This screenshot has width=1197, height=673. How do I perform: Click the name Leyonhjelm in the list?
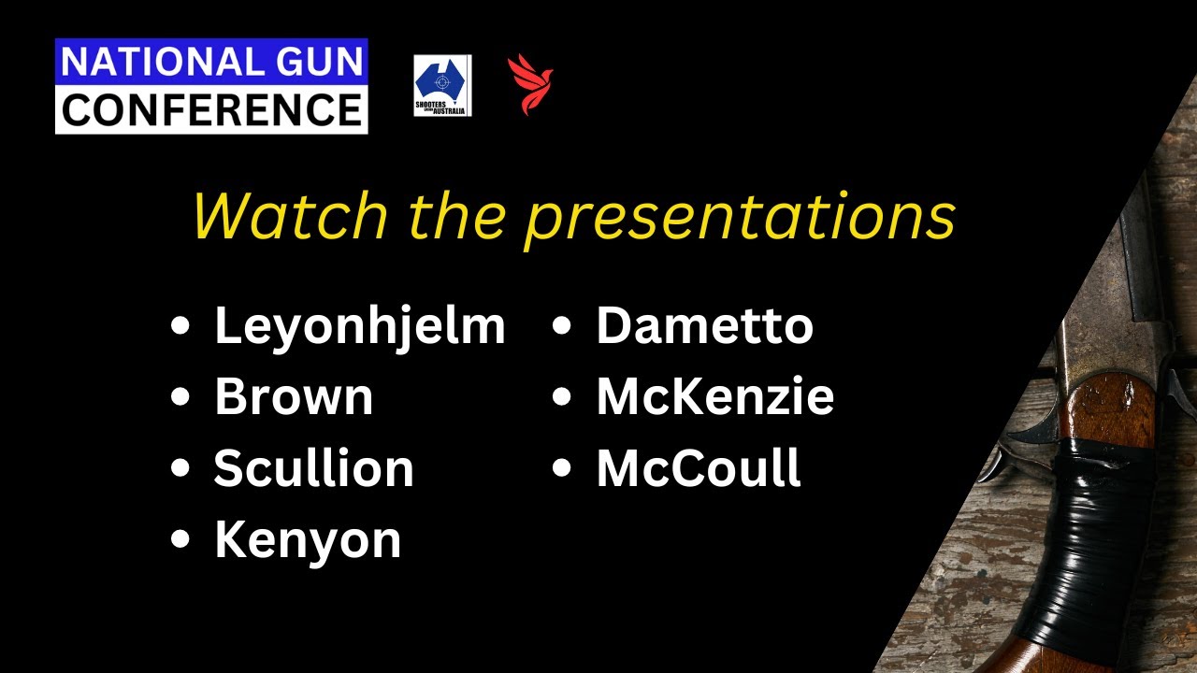click(x=360, y=326)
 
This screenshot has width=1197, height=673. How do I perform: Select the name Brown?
click(x=294, y=397)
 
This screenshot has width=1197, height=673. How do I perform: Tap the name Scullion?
click(x=313, y=468)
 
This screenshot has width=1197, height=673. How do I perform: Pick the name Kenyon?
click(x=308, y=539)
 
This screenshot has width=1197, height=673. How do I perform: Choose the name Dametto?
click(x=704, y=326)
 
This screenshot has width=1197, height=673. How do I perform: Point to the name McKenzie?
click(x=714, y=397)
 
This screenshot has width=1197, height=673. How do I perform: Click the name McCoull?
click(x=699, y=468)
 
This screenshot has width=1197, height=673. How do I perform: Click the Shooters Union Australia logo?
click(x=442, y=86)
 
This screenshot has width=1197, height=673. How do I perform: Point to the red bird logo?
click(x=529, y=84)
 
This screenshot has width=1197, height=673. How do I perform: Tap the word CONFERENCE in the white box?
click(x=211, y=109)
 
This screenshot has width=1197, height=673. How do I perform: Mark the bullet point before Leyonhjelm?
click(x=180, y=327)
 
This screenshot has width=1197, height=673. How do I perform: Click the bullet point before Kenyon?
click(x=180, y=540)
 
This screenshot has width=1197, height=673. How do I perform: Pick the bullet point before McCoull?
click(x=562, y=469)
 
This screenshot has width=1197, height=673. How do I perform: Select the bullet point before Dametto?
click(x=562, y=327)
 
